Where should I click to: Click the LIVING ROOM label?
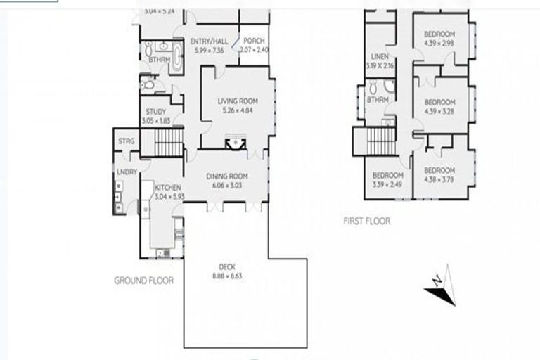236,101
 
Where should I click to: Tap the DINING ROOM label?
225,176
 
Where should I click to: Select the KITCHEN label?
168,188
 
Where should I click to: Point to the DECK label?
226,266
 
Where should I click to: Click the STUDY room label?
155,112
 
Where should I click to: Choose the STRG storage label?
127,141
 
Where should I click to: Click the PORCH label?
254,41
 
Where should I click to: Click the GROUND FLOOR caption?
143,281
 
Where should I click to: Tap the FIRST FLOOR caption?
366,221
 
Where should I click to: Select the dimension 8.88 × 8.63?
226,276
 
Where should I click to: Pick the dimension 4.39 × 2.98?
440,43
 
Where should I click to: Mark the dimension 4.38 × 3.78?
439,179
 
